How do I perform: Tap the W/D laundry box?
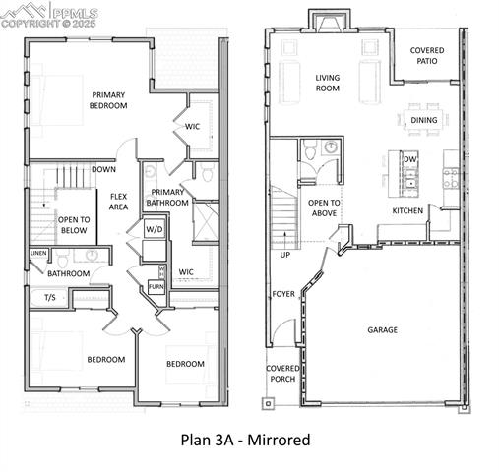[155, 229]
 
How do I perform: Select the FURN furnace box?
[156, 286]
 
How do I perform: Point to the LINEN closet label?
[38, 254]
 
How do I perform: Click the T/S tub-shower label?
[49, 296]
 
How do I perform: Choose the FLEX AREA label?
[119, 201]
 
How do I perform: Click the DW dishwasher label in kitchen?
[409, 158]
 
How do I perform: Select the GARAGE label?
[383, 329]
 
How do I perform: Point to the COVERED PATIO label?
[426, 56]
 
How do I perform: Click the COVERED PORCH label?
[282, 375]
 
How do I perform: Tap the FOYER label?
[282, 293]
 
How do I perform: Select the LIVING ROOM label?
[327, 83]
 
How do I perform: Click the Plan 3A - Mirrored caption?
[245, 440]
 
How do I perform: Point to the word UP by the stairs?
[285, 254]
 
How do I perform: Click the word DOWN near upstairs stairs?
[103, 168]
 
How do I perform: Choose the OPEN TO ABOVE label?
[326, 208]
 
